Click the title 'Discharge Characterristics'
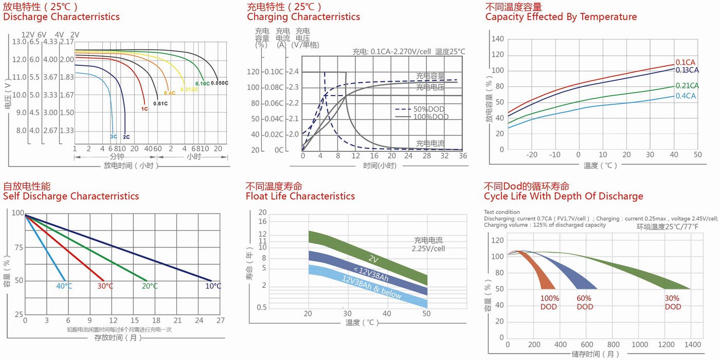[61, 16]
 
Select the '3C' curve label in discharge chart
[113, 137]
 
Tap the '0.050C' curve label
[220, 83]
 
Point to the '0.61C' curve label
[161, 103]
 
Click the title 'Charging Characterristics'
[303, 16]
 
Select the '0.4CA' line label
[687, 96]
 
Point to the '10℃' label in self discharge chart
[213, 286]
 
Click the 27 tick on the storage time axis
[220, 320]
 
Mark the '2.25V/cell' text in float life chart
[428, 248]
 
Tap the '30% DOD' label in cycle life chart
[672, 302]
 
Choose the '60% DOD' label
[585, 302]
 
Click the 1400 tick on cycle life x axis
[693, 344]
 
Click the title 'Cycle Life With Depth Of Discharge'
[563, 196]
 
